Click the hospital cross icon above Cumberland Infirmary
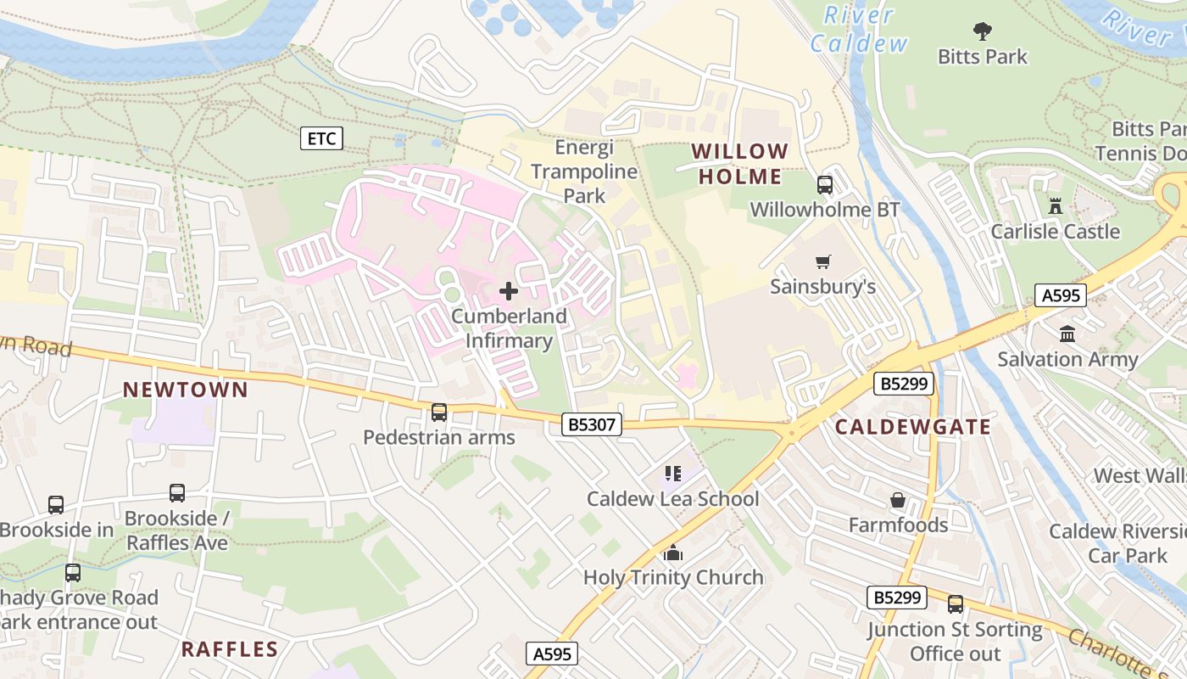click(x=509, y=291)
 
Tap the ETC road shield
click(x=321, y=138)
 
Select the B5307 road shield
click(x=591, y=424)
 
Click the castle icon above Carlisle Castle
click(x=1056, y=205)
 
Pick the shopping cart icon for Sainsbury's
click(x=822, y=261)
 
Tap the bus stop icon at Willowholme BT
click(x=824, y=184)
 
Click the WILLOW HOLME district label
click(x=739, y=164)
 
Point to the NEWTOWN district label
click(x=186, y=390)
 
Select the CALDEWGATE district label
click(x=912, y=427)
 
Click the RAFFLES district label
click(x=230, y=649)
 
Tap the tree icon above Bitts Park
click(x=983, y=31)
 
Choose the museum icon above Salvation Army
click(x=1067, y=334)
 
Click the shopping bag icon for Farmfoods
click(x=898, y=500)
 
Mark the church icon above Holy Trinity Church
click(x=673, y=553)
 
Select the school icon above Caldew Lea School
click(x=673, y=473)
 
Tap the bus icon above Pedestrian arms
click(x=438, y=412)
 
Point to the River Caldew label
click(x=859, y=29)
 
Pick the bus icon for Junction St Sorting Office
click(x=956, y=603)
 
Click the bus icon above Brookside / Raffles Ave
click(x=177, y=492)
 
